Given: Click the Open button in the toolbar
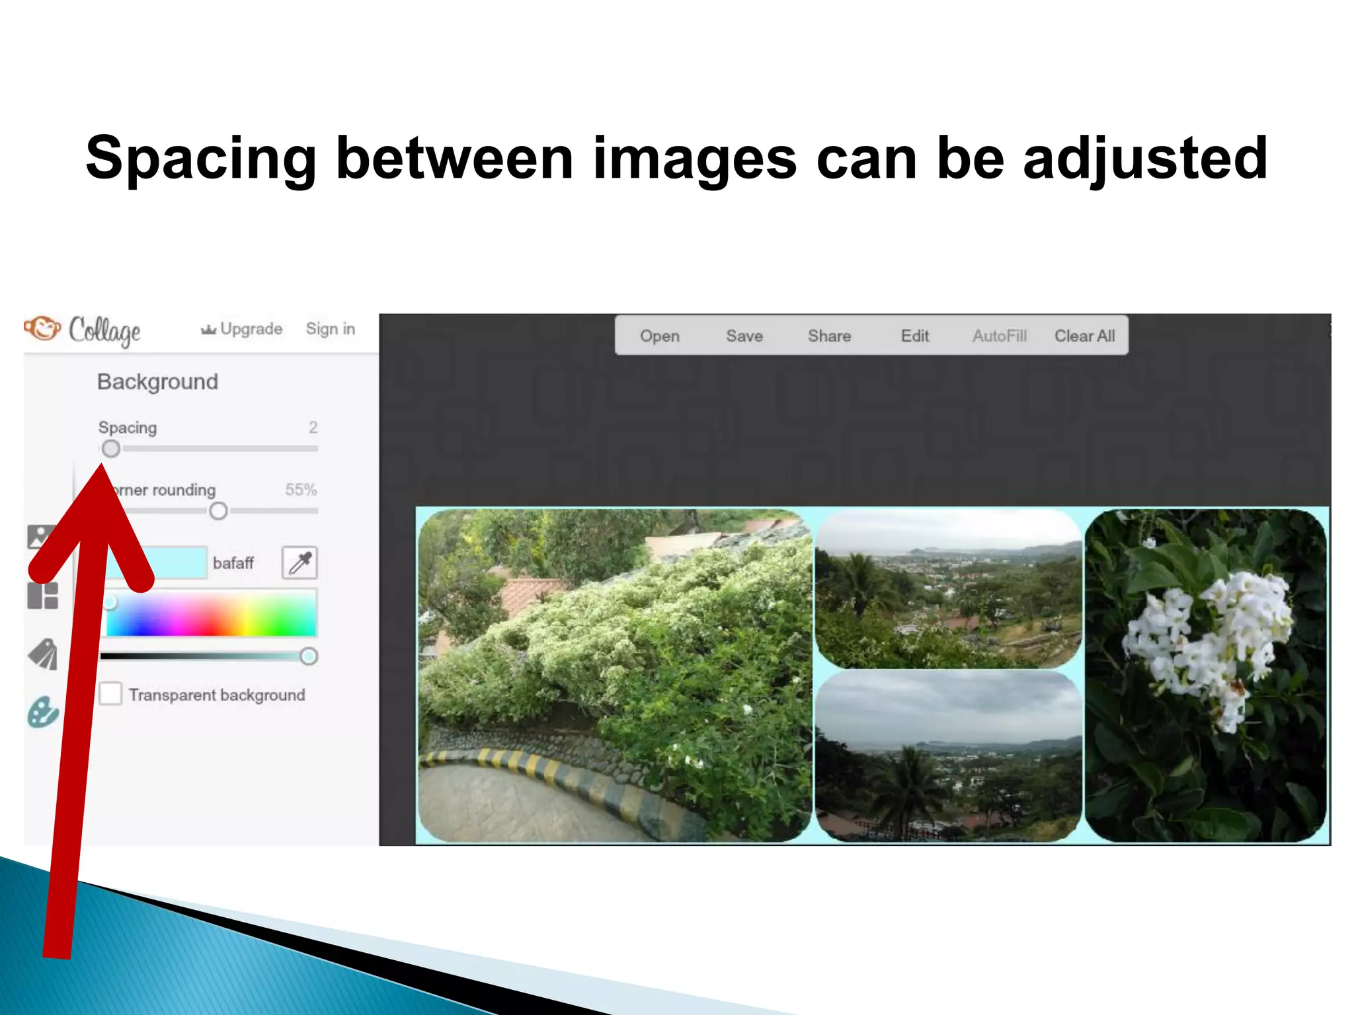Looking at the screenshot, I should coord(659,336).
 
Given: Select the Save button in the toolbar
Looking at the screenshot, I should coord(744,336).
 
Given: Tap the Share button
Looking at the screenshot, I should coord(829,336).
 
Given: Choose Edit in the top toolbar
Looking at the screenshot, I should coord(915,336).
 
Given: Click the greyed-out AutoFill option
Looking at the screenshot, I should coord(999,336).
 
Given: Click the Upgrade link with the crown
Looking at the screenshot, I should coord(242,329).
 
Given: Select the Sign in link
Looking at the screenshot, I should coord(331,329).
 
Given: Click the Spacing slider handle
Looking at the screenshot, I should coord(111,449).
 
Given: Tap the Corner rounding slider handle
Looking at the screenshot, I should coord(218,511).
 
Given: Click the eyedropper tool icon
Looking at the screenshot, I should coord(299,563).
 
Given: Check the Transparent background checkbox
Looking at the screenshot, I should coord(110,694).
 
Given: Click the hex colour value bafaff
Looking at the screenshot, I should coord(233,563).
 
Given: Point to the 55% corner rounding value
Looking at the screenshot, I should coord(301,490).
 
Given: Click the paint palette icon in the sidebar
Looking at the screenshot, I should coord(43,712).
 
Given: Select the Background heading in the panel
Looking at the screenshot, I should coord(157,382).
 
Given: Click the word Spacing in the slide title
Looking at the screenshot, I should coord(201,159).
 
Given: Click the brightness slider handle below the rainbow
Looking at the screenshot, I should coord(308,656).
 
